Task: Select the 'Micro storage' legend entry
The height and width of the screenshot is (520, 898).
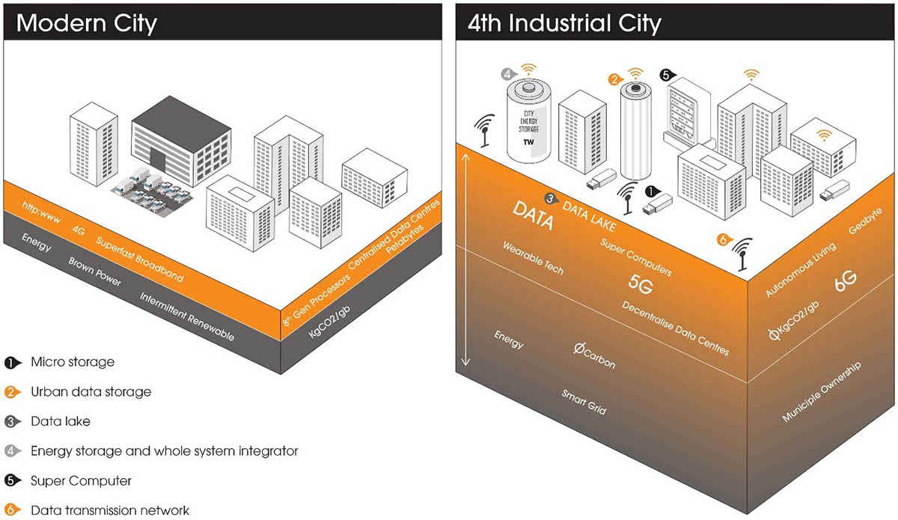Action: [73, 362]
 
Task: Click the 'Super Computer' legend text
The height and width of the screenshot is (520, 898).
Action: [81, 480]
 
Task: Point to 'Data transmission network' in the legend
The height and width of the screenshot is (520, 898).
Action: [110, 510]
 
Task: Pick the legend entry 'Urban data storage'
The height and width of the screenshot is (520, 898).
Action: [91, 391]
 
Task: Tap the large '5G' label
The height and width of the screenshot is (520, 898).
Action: [641, 284]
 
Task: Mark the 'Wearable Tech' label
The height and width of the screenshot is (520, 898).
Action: [533, 257]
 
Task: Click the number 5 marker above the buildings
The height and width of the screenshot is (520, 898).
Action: [665, 75]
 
